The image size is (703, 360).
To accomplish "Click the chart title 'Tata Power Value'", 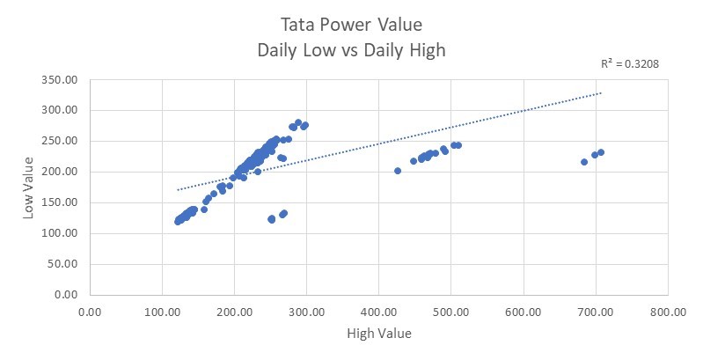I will (351, 23).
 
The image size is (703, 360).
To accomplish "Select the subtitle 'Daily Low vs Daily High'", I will (351, 50).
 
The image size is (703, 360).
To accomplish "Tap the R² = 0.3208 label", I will (629, 63).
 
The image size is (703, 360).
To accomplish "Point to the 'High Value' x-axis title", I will (379, 334).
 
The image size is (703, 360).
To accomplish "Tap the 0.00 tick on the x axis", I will (89, 311).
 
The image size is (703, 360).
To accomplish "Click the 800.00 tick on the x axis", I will (669, 311).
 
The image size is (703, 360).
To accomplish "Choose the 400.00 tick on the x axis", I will (378, 311).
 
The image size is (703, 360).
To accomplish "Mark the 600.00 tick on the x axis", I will (524, 311).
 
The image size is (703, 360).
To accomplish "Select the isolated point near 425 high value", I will (398, 171).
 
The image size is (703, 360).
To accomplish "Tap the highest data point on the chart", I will (298, 122).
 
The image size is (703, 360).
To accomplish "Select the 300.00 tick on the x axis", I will (306, 311).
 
